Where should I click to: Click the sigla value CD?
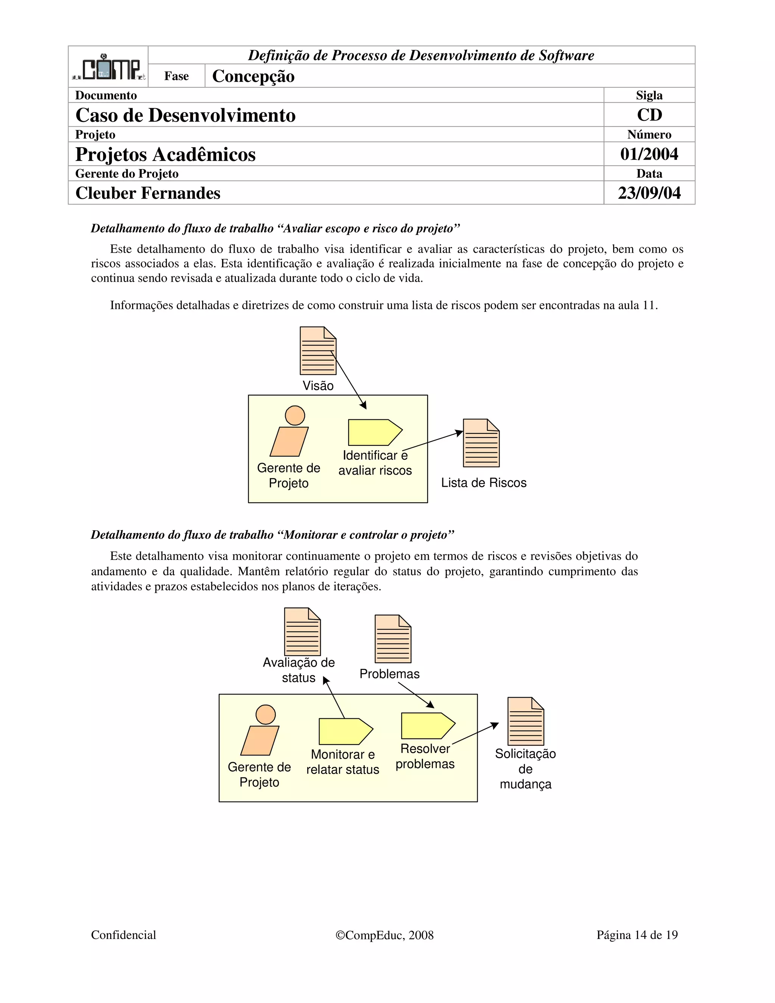point(649,115)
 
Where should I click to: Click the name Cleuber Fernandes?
point(148,193)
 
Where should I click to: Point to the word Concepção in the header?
point(253,76)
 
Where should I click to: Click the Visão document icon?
point(318,351)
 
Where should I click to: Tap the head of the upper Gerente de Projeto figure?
point(295,416)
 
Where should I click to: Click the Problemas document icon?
point(392,639)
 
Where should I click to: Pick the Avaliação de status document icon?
point(302,632)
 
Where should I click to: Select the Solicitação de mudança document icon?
point(525,721)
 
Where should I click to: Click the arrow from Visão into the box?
point(349,381)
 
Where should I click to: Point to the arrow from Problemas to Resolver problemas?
point(416,695)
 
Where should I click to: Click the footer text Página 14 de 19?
point(637,935)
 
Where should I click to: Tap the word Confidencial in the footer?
point(123,935)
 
